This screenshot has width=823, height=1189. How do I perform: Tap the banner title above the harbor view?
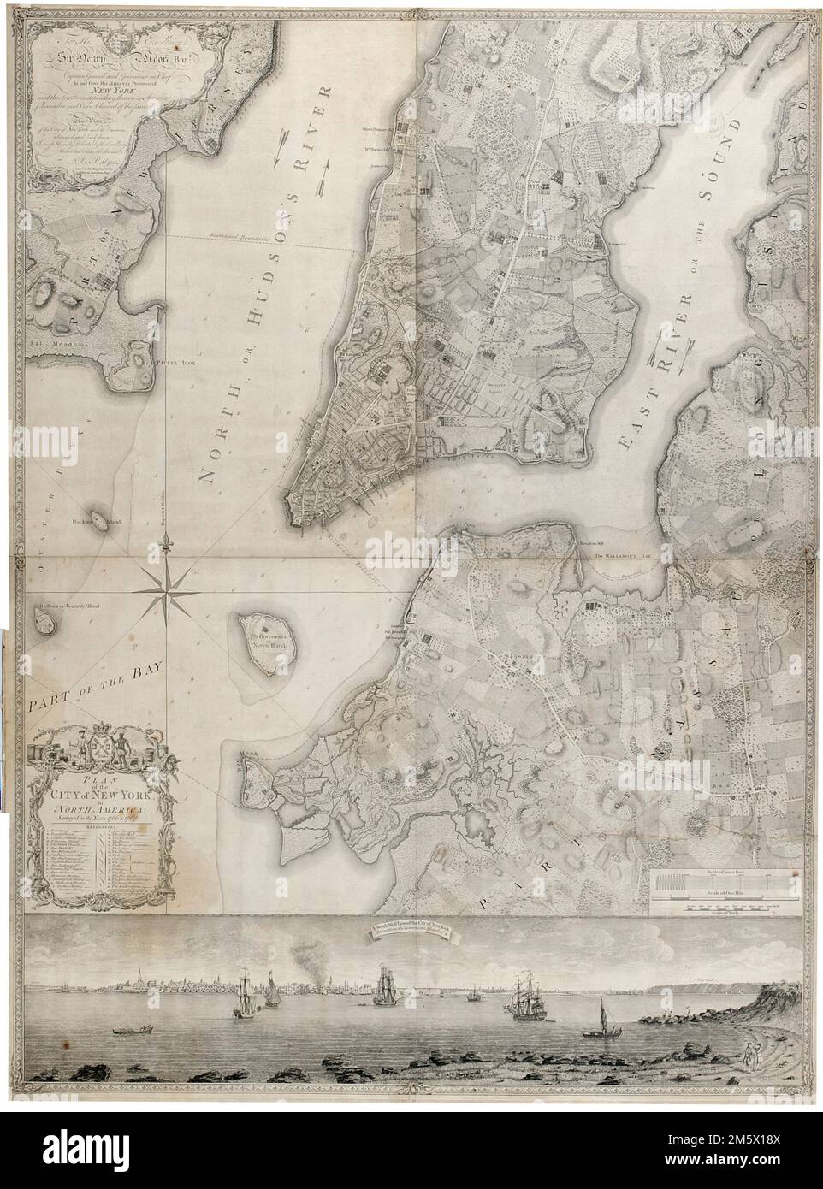(413, 933)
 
